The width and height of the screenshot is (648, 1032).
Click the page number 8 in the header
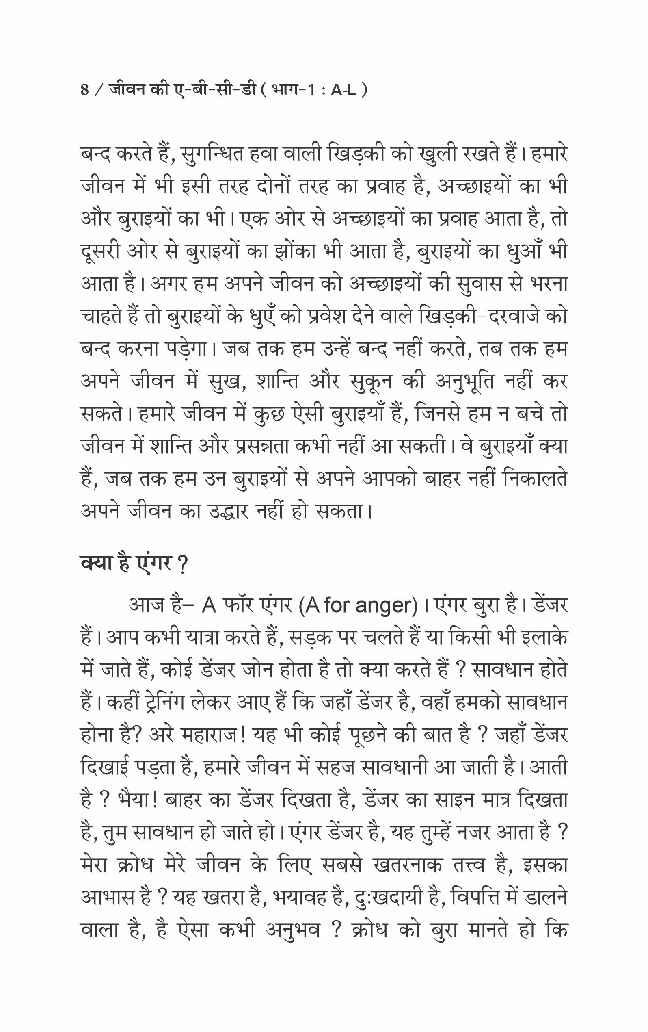click(x=84, y=91)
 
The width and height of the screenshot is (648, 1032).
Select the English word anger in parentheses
click(x=386, y=605)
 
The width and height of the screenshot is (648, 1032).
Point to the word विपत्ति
click(x=476, y=898)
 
